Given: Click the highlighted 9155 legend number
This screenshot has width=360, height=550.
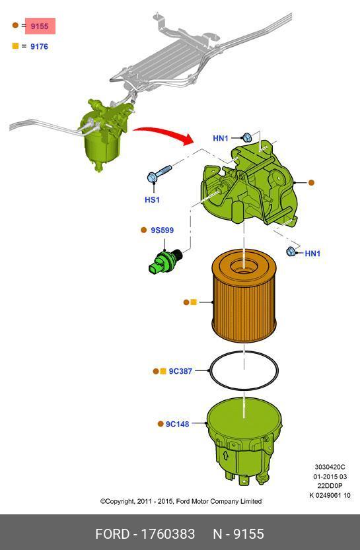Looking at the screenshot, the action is [39, 26].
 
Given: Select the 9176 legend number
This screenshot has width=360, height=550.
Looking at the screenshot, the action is [39, 46].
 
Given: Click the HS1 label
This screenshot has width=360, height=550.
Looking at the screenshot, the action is [152, 199].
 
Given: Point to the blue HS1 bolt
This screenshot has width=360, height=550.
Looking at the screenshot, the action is [159, 174].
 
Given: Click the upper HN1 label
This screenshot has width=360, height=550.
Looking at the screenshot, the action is [221, 139].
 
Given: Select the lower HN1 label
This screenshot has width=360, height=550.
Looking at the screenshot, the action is [312, 254].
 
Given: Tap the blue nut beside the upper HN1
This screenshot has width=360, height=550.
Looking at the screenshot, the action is [246, 137].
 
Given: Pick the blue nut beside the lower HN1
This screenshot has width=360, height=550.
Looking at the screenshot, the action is [291, 251].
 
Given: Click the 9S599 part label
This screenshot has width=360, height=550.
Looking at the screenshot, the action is [162, 230].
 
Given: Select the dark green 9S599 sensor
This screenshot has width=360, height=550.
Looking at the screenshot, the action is [165, 261].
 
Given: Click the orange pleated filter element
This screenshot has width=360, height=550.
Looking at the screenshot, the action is [244, 296].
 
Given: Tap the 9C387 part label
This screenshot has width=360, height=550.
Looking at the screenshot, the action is [180, 371].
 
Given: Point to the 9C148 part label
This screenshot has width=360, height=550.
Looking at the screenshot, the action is [177, 424].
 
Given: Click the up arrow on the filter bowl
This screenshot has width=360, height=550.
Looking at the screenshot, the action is [226, 456].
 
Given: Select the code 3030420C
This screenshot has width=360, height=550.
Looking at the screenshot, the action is [330, 467].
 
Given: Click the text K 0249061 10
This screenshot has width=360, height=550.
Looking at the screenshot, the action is [330, 495].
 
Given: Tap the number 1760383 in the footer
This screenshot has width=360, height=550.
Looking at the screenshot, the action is [168, 534].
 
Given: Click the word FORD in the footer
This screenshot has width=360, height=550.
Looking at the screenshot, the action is [112, 534].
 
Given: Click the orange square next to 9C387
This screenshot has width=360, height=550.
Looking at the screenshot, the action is [162, 371].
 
